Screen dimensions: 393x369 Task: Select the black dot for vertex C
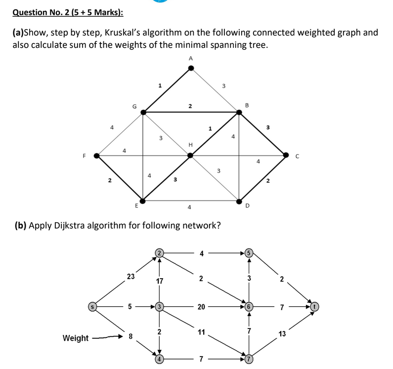click(286, 155)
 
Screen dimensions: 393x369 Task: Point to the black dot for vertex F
click(97, 156)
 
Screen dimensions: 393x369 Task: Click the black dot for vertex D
click(239, 202)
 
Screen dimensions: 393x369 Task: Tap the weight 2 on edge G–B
click(190, 106)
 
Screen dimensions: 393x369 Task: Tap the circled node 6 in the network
click(249, 307)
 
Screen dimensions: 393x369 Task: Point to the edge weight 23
click(131, 277)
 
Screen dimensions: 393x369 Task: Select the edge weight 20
click(201, 307)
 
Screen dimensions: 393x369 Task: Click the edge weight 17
click(159, 281)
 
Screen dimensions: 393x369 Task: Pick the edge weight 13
click(282, 334)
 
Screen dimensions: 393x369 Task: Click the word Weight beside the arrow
click(76, 338)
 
